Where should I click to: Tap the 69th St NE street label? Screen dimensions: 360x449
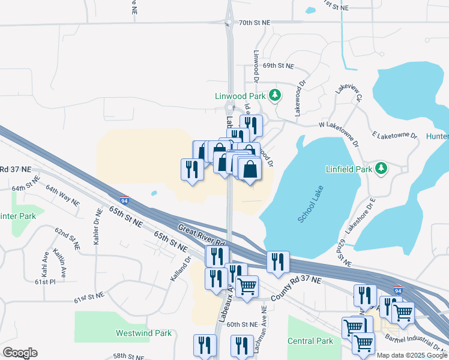278,65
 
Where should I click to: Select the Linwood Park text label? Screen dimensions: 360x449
240,96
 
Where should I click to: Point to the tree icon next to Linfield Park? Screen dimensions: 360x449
381,168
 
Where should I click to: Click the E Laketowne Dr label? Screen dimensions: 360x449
394,136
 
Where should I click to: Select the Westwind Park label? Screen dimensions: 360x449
143,333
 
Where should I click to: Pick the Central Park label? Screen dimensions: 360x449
310,341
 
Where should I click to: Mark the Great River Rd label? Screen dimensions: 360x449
201,235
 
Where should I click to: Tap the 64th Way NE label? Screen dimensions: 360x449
62,196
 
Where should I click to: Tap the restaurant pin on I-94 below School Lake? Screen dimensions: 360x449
278,263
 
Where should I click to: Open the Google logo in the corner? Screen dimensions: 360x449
20,353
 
